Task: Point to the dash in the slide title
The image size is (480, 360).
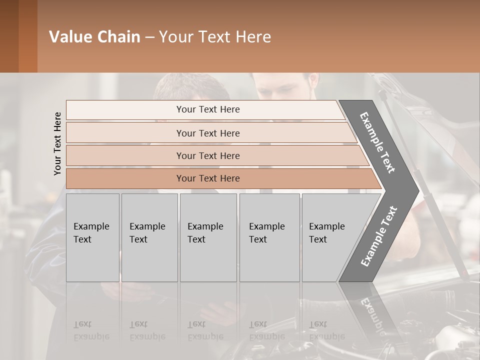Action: pyautogui.click(x=149, y=37)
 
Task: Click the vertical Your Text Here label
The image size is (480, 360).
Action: pyautogui.click(x=57, y=143)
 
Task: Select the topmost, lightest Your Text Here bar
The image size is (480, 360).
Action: pyautogui.click(x=207, y=109)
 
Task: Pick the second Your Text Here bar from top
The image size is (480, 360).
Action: pyautogui.click(x=207, y=133)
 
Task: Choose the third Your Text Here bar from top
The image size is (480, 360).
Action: pyautogui.click(x=207, y=155)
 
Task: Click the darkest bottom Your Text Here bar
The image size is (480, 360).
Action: pyautogui.click(x=207, y=178)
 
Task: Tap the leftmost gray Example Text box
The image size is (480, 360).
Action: pyautogui.click(x=92, y=237)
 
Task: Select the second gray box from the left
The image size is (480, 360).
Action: pyautogui.click(x=149, y=237)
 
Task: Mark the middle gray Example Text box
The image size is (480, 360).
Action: pyautogui.click(x=208, y=237)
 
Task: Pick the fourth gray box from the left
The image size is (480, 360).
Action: pyautogui.click(x=269, y=237)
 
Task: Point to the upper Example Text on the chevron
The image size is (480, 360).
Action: pyautogui.click(x=377, y=142)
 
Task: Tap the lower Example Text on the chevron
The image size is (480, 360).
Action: pyautogui.click(x=378, y=236)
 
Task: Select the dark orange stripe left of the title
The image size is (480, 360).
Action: pyautogui.click(x=27, y=36)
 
